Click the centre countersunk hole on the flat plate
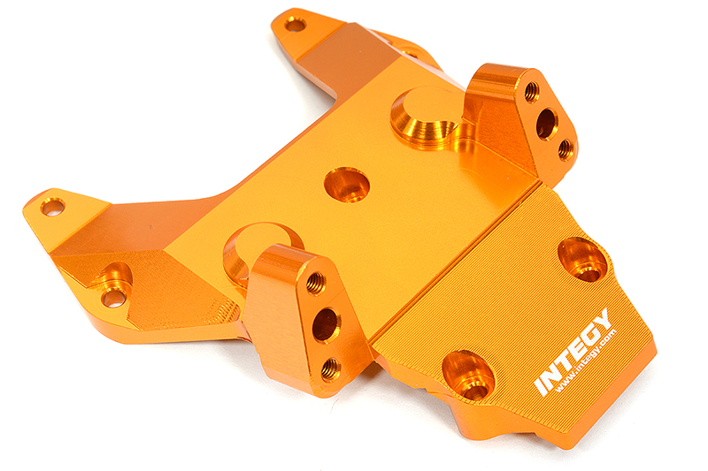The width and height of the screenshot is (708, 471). click(x=346, y=185)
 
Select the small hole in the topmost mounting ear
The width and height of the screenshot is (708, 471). click(x=296, y=24)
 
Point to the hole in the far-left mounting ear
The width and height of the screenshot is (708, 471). click(x=52, y=208)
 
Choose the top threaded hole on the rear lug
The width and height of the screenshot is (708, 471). click(x=531, y=91)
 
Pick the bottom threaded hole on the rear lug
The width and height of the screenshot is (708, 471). click(x=565, y=150)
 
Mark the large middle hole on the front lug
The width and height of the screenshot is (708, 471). click(x=325, y=324)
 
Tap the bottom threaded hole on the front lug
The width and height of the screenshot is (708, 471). click(x=330, y=368)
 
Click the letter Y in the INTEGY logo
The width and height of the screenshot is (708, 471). click(x=602, y=320)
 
